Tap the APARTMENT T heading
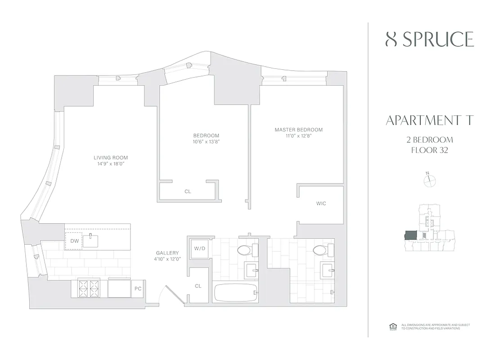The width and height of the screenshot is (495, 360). pyautogui.click(x=430, y=120)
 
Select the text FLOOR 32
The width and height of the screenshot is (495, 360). pyautogui.click(x=430, y=150)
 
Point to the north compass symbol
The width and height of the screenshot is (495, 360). pyautogui.click(x=430, y=180)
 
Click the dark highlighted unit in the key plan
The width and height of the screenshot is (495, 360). pyautogui.click(x=410, y=236)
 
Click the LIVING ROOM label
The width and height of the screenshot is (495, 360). pyautogui.click(x=111, y=157)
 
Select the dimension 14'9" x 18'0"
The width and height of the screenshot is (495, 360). pyautogui.click(x=111, y=164)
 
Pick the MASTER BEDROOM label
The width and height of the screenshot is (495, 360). pyautogui.click(x=299, y=130)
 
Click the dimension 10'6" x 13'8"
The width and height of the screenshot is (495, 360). pyautogui.click(x=206, y=142)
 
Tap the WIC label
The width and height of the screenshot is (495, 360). pyautogui.click(x=321, y=203)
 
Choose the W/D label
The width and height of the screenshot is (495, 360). pyautogui.click(x=199, y=248)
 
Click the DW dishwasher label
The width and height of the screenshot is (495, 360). pyautogui.click(x=74, y=241)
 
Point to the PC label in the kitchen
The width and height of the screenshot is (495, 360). pyautogui.click(x=138, y=288)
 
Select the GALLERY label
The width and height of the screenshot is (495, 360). pyautogui.click(x=167, y=253)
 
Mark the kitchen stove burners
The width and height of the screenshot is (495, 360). pyautogui.click(x=88, y=288)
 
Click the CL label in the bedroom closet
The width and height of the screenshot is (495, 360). pyautogui.click(x=188, y=191)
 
